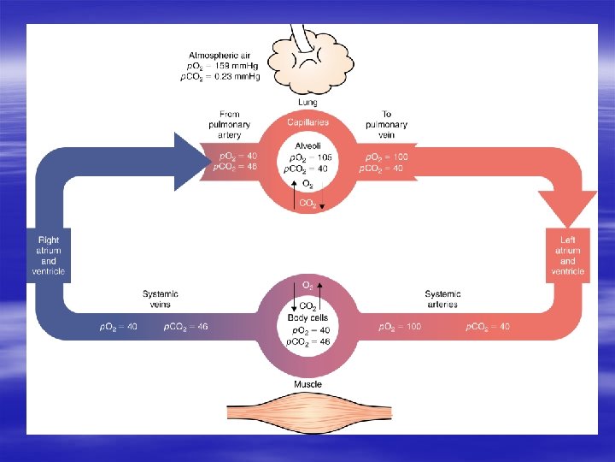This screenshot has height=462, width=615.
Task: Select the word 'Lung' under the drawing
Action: coord(308,103)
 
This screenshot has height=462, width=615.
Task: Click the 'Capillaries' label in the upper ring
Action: coord(308,124)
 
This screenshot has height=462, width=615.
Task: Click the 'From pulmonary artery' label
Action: coord(229,124)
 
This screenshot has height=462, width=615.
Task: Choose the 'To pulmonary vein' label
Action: coord(386,124)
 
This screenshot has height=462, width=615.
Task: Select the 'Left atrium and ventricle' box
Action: coord(568,255)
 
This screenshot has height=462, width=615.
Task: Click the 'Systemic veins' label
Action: coord(161,299)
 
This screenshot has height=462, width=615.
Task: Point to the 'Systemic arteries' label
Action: coord(442,299)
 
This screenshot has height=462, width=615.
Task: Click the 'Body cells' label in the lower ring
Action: coord(308,318)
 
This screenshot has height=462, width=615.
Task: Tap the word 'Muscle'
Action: coord(308,384)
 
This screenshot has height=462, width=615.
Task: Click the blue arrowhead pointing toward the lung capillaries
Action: coord(190,162)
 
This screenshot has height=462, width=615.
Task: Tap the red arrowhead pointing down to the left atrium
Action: coord(568,205)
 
